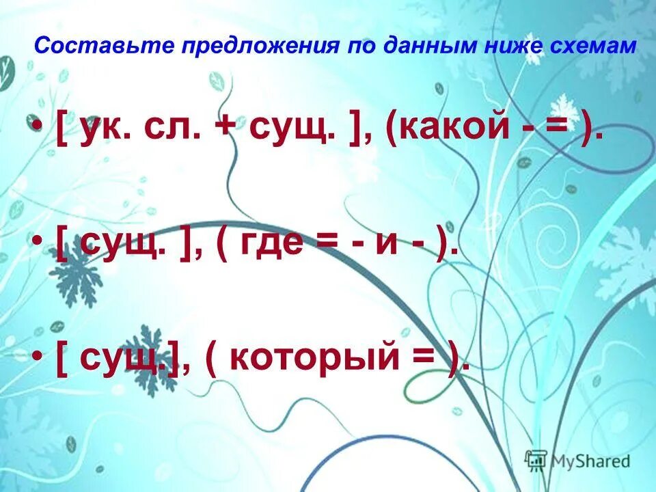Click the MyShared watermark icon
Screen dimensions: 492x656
(536, 460)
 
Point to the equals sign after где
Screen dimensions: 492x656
(326, 243)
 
